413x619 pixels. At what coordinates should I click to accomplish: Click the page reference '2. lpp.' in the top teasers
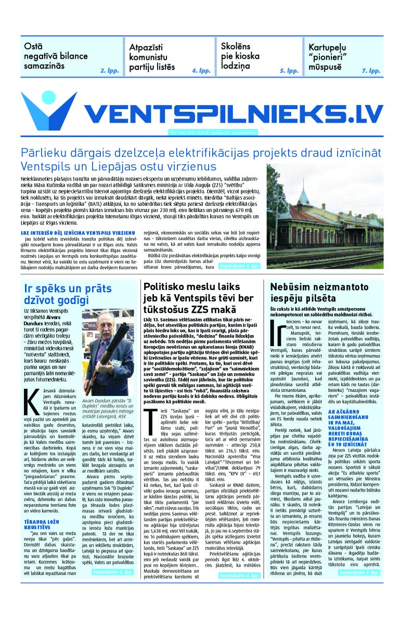109,70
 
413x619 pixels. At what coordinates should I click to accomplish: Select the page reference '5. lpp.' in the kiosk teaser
289,70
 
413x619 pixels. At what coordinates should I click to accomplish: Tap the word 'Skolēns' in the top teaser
236,46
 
